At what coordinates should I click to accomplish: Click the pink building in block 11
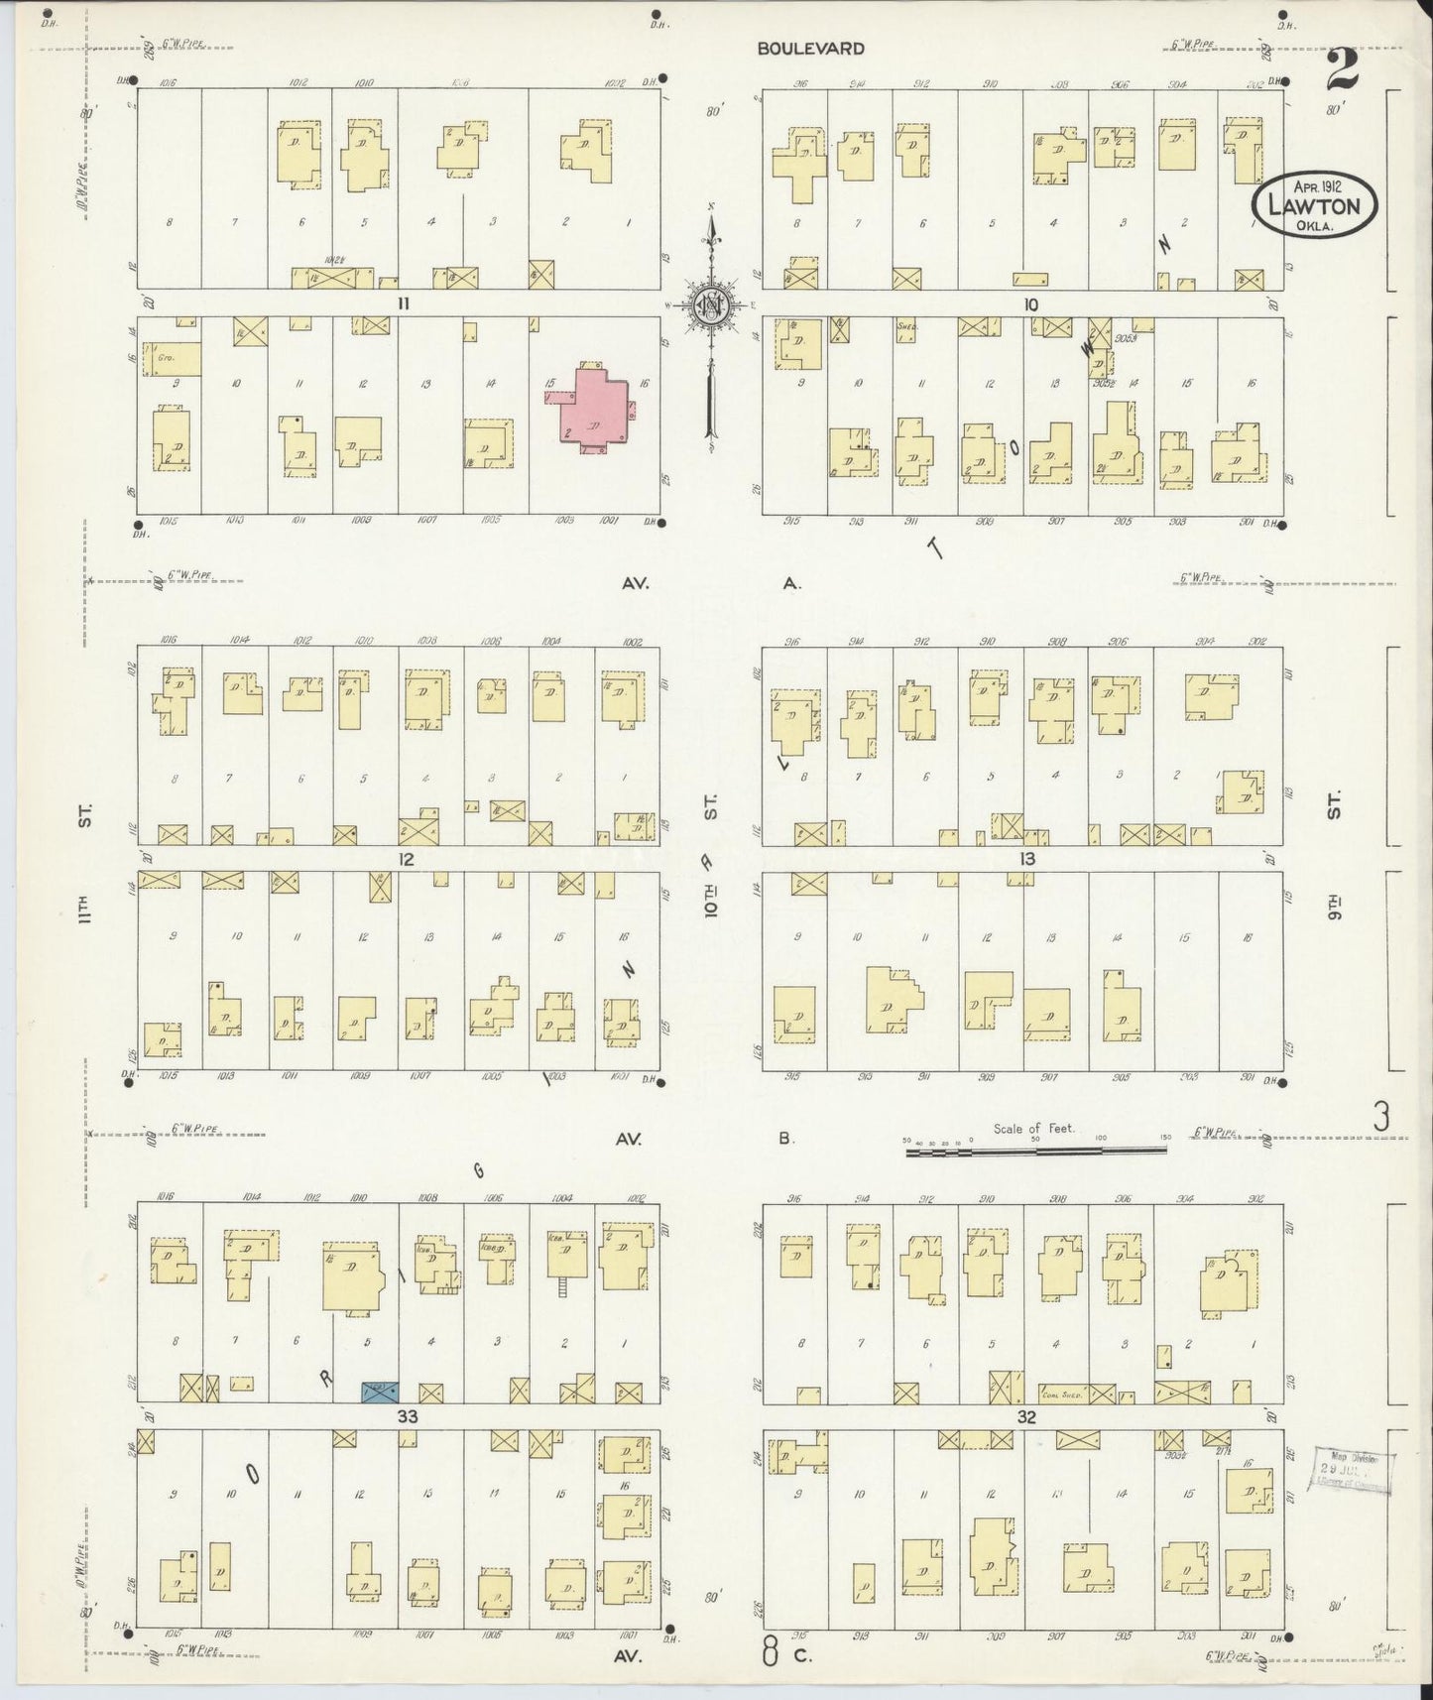tap(593, 407)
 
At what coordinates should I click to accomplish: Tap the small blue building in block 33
tap(381, 1392)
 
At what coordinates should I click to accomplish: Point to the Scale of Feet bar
tap(1036, 1150)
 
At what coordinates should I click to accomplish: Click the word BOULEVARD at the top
tap(810, 48)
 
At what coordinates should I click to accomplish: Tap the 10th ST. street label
tap(711, 863)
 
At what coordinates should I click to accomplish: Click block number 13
tap(1026, 858)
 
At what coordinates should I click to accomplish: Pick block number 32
tap(1025, 1417)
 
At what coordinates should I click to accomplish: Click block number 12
tap(405, 858)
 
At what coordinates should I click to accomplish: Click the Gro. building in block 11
tap(172, 357)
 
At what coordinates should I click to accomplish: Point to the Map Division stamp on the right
tap(1355, 1467)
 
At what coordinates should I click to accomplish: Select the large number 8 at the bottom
tap(770, 1652)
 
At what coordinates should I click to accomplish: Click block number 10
tap(1030, 304)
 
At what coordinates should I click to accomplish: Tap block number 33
tap(407, 1417)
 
